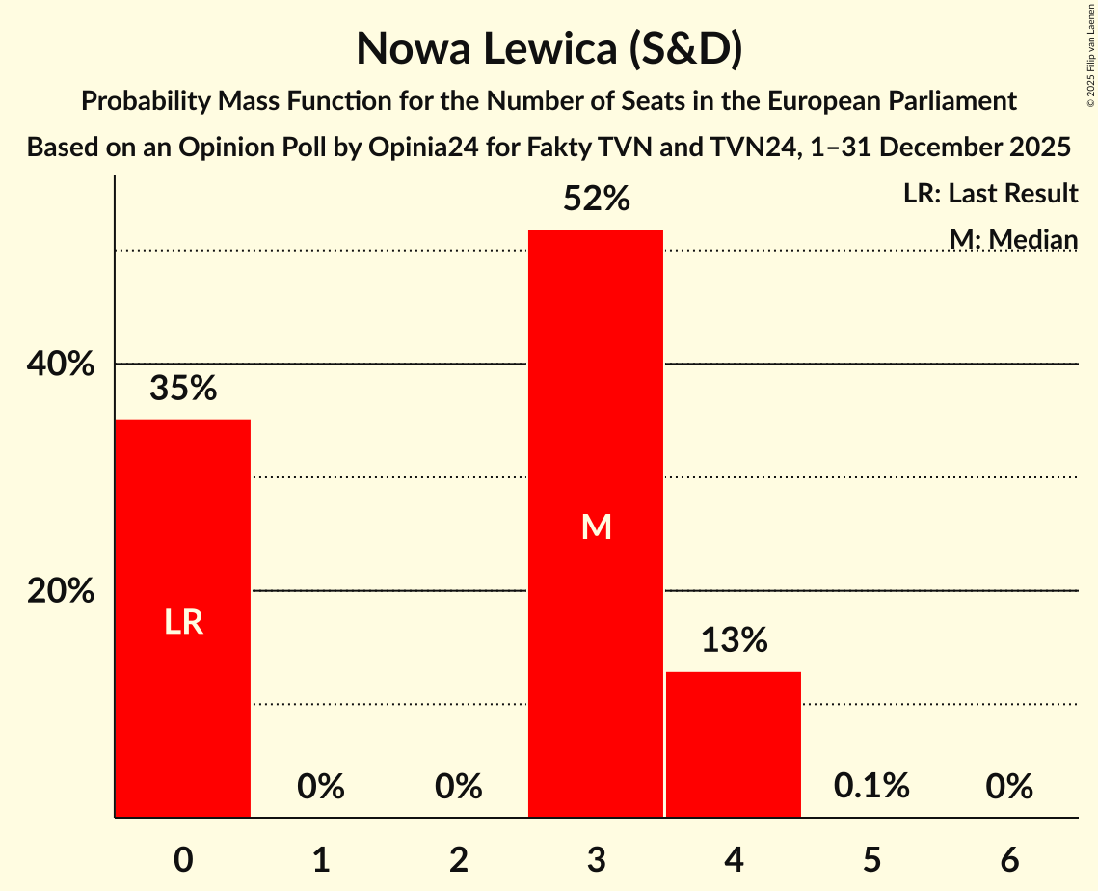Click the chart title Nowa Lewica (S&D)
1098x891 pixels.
point(549,48)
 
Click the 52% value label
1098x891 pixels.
point(596,200)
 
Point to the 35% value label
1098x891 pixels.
point(183,389)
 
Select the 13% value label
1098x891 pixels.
point(734,640)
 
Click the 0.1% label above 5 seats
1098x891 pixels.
point(871,787)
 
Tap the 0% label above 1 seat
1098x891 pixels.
point(321,787)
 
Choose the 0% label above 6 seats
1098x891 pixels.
point(1009,787)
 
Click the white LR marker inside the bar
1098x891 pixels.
point(183,623)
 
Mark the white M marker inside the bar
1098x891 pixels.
point(596,526)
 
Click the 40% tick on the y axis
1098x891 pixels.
point(60,364)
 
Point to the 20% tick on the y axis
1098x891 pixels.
point(60,591)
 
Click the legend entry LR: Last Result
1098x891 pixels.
point(990,194)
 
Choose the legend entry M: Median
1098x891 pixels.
point(1013,238)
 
